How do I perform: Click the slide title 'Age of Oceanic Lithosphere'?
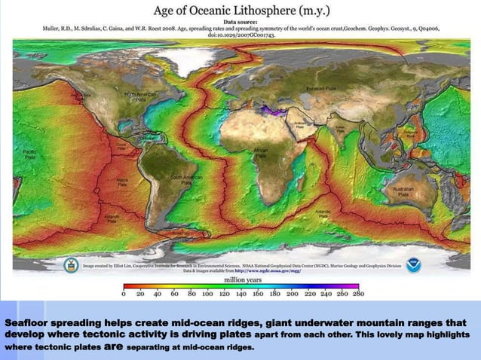tap(240, 11)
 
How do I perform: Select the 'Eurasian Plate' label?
tap(320, 90)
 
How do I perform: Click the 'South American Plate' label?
tap(185, 181)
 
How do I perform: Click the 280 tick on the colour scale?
tap(358, 294)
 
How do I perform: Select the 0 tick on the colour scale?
tap(125, 294)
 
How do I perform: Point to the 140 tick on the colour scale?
tap(241, 294)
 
